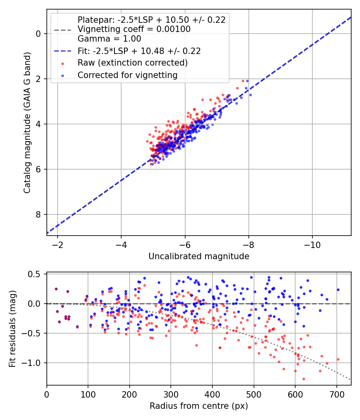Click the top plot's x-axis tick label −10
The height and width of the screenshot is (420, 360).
tap(312, 245)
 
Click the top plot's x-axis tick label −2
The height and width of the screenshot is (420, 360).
tap(57, 245)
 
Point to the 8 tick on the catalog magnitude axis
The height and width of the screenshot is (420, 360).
tap(38, 214)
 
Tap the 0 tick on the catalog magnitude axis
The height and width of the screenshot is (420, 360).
tap(38, 34)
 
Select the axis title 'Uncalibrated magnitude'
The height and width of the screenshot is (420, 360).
tap(199, 256)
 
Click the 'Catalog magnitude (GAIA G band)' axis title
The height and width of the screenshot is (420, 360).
tap(27, 122)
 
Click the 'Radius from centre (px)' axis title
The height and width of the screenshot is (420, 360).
tap(199, 406)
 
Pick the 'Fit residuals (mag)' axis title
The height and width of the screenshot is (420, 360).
tap(12, 329)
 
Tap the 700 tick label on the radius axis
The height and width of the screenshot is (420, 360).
tap(336, 394)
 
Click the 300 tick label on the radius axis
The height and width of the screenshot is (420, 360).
tap(171, 394)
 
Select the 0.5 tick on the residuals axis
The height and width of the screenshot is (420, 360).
tap(35, 274)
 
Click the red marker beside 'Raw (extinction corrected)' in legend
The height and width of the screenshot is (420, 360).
tap(63, 64)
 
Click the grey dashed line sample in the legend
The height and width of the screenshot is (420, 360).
tap(63, 30)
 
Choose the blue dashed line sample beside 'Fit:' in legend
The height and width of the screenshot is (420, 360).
tap(63, 51)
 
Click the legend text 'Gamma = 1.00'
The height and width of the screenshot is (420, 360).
tap(109, 39)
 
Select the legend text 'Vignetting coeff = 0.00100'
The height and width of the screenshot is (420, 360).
tap(134, 29)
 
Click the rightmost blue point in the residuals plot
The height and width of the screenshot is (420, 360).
tap(338, 290)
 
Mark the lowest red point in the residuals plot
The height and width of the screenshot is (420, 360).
tap(304, 379)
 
